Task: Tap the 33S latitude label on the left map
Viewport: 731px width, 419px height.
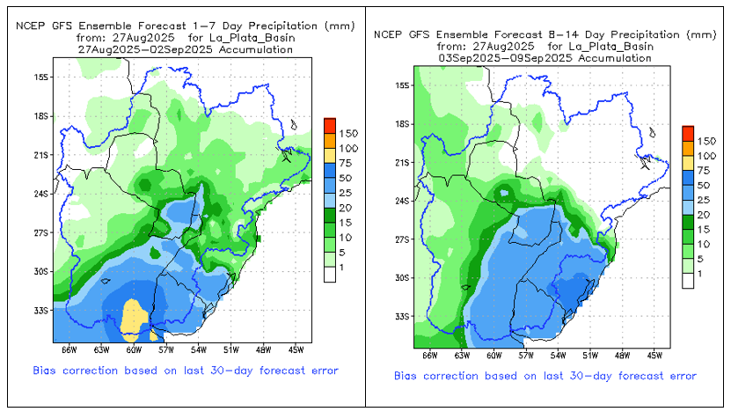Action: point(40,311)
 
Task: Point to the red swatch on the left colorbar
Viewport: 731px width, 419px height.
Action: point(330,123)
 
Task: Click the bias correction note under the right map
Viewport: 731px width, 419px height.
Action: point(545,377)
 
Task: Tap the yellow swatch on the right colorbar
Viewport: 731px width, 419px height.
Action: point(688,162)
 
